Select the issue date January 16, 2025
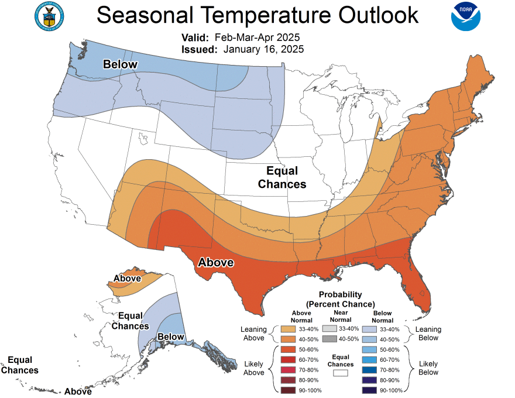pyautogui.click(x=263, y=49)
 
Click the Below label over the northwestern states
pyautogui.click(x=120, y=64)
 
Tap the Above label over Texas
pyautogui.click(x=216, y=262)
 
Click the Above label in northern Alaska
pyautogui.click(x=127, y=278)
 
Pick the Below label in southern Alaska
pyautogui.click(x=170, y=337)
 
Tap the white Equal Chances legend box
pyautogui.click(x=341, y=371)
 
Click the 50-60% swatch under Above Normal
pyautogui.click(x=288, y=349)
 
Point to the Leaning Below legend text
pyautogui.click(x=428, y=334)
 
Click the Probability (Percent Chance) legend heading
pyautogui.click(x=340, y=299)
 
